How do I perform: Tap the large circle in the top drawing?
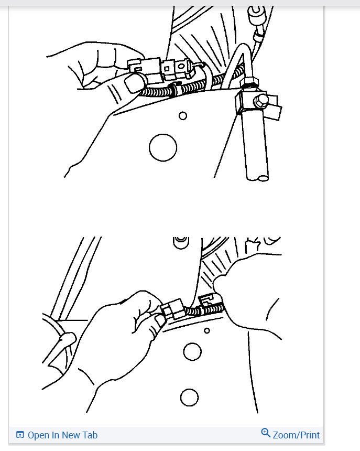(163, 147)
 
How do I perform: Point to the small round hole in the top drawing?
(183, 116)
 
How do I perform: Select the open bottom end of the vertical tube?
(263, 178)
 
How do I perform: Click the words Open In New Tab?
(62, 435)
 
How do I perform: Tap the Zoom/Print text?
(296, 435)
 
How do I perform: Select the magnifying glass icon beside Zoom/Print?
(266, 433)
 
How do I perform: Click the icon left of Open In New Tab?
(20, 435)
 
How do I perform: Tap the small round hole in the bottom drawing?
(207, 330)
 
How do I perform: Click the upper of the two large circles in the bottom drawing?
(192, 352)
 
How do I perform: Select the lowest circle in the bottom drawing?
(189, 396)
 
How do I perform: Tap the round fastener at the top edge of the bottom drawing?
(181, 241)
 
